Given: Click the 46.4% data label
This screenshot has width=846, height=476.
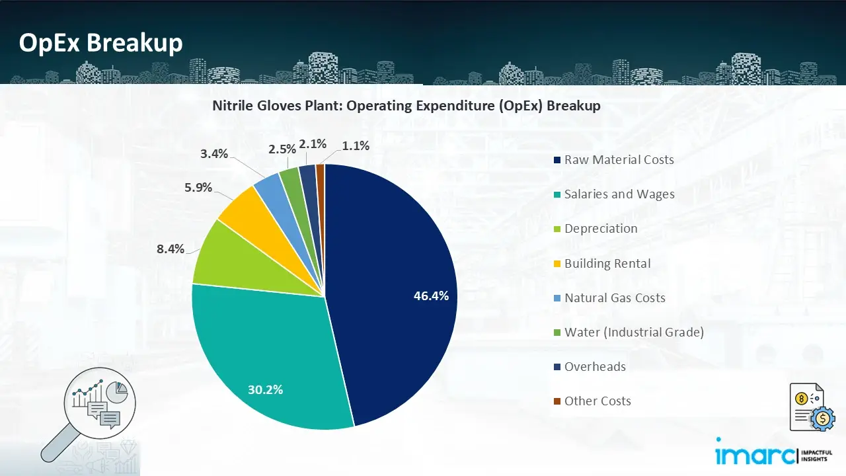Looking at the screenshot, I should click(x=431, y=296).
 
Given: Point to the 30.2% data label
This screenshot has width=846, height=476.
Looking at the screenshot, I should click(x=265, y=389).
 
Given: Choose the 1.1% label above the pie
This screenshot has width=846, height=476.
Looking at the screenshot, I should click(x=356, y=145).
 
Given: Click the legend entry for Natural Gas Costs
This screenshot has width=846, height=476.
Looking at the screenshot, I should click(x=615, y=297).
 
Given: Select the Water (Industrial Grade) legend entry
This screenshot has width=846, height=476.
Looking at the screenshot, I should click(x=633, y=332).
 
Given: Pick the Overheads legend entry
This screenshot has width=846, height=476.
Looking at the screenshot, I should click(x=595, y=366).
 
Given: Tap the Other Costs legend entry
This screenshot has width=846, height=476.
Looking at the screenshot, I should click(x=597, y=401).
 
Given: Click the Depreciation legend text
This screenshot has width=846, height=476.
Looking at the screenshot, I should click(x=601, y=229).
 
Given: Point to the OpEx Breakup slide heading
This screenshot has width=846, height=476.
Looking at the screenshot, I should click(x=100, y=43).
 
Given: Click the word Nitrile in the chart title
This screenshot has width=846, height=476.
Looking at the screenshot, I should click(x=232, y=106).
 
